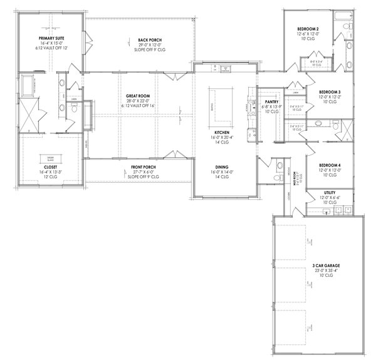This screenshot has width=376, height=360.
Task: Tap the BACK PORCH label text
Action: coord(143,40)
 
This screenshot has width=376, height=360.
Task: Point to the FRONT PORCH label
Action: coord(143,167)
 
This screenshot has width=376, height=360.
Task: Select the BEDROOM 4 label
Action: coord(325,165)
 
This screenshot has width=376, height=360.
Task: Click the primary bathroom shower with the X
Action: coord(28,114)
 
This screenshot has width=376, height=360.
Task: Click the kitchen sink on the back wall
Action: coord(226,68)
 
